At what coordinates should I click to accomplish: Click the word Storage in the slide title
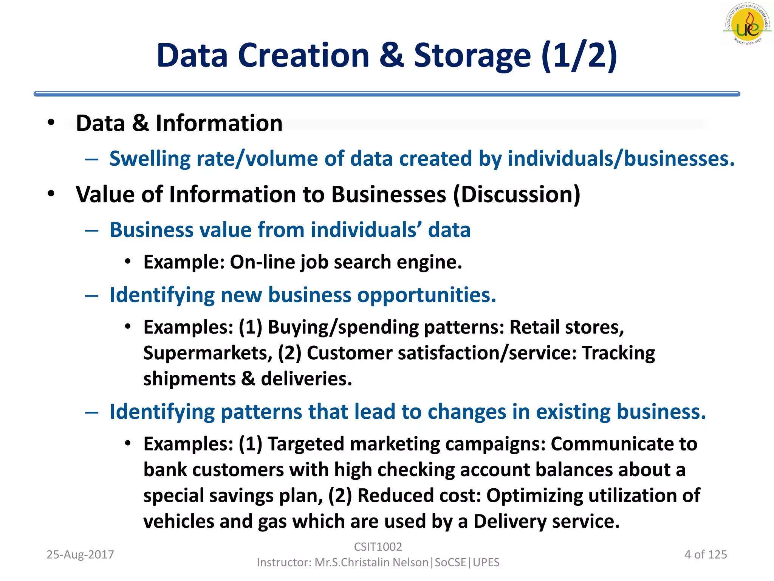coord(472,56)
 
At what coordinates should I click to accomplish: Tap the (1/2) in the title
coord(579,56)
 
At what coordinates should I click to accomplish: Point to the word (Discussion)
coord(516,194)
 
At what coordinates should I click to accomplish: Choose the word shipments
coord(189,379)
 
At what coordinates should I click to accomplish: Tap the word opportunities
coord(427,295)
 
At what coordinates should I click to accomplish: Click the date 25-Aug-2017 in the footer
coord(80,555)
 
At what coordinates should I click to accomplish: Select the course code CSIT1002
coord(378,547)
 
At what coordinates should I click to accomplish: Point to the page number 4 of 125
coord(706,555)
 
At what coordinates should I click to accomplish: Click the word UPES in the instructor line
coord(486,562)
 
